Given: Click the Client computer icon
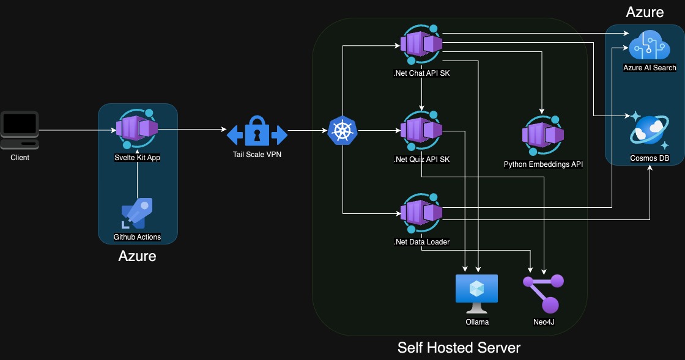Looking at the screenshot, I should (x=20, y=130).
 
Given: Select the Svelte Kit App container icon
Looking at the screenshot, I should (x=137, y=129).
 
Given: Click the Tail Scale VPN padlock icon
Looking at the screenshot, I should (x=257, y=132).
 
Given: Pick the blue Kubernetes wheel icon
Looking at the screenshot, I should (x=342, y=131).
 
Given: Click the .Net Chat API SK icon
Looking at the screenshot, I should (x=421, y=44).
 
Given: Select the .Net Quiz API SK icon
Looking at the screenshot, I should (x=421, y=131).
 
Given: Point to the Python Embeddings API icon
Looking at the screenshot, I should (x=542, y=135).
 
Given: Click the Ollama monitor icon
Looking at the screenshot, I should (x=477, y=290).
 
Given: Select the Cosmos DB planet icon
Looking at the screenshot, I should (x=650, y=131).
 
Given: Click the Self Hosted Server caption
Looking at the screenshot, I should (x=459, y=348).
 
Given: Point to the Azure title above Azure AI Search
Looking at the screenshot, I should (x=645, y=12).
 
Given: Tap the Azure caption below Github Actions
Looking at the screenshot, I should (x=137, y=256).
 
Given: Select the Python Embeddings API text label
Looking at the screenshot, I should (x=542, y=164).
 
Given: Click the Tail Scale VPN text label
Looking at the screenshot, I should (x=257, y=153).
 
